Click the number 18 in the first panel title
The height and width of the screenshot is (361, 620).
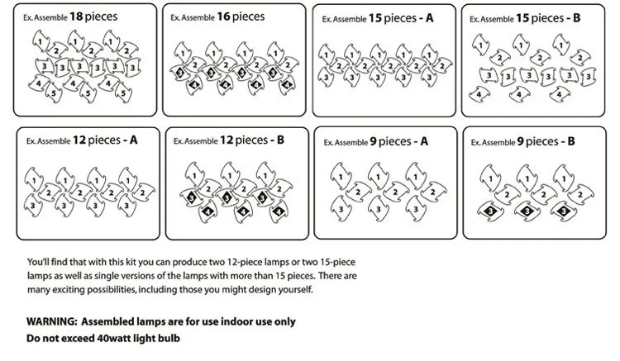pyautogui.click(x=76, y=17)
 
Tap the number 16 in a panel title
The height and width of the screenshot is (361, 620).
pyautogui.click(x=223, y=17)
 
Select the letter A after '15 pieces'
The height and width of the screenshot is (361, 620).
pyautogui.click(x=429, y=18)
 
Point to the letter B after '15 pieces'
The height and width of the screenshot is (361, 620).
pyautogui.click(x=576, y=18)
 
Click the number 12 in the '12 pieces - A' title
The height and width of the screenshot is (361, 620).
pyautogui.click(x=79, y=140)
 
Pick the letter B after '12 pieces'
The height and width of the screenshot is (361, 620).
pyautogui.click(x=280, y=140)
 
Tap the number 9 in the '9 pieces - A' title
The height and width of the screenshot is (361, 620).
pyautogui.click(x=373, y=141)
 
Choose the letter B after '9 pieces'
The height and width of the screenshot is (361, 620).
pyautogui.click(x=571, y=141)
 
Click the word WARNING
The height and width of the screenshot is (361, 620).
pyautogui.click(x=52, y=321)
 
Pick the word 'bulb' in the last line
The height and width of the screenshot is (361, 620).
pyautogui.click(x=169, y=339)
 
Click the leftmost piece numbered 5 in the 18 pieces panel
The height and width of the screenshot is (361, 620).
pyautogui.click(x=54, y=93)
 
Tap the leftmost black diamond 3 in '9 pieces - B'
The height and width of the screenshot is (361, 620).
pyautogui.click(x=490, y=211)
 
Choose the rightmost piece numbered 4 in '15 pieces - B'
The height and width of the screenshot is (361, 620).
pyautogui.click(x=560, y=94)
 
